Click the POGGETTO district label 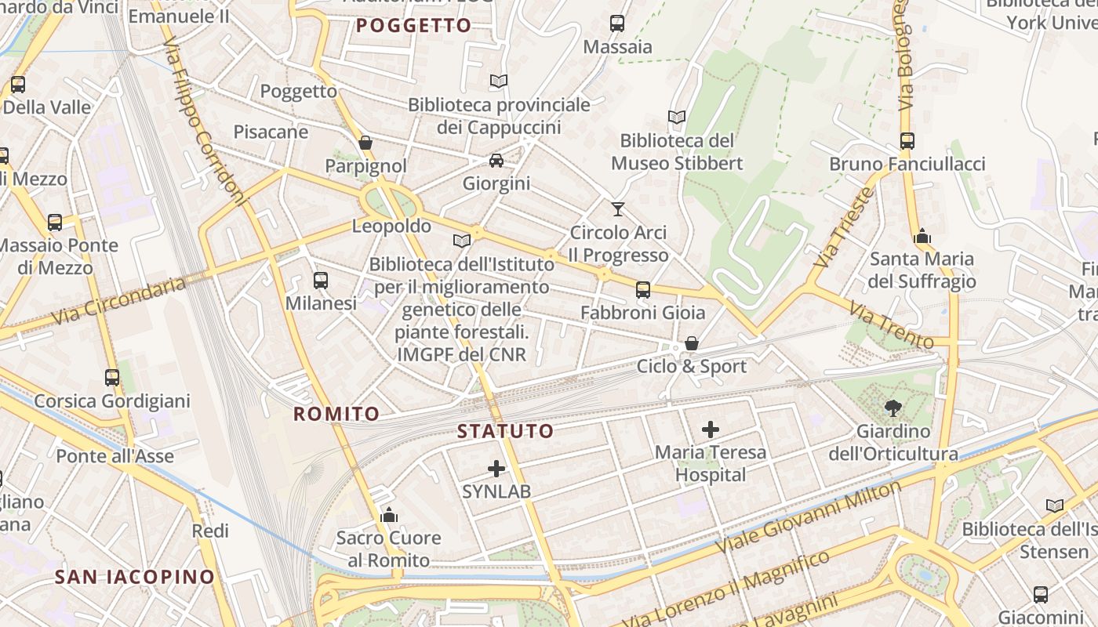(x=414, y=25)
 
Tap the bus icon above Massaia (x=617, y=24)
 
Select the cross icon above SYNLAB (x=496, y=469)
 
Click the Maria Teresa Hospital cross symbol (x=711, y=429)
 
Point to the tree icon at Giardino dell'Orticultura (x=893, y=408)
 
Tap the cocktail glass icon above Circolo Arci (x=618, y=208)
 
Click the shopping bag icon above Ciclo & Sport (x=692, y=343)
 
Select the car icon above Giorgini (x=496, y=161)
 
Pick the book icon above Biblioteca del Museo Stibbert (x=677, y=118)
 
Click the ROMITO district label (x=336, y=414)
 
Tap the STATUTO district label (x=506, y=431)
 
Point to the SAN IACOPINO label (x=135, y=578)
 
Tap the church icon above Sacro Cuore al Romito (x=389, y=515)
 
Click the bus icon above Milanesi (x=321, y=280)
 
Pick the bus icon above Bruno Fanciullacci (x=907, y=141)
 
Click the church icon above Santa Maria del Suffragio (x=922, y=236)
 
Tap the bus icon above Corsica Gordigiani (x=112, y=378)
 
